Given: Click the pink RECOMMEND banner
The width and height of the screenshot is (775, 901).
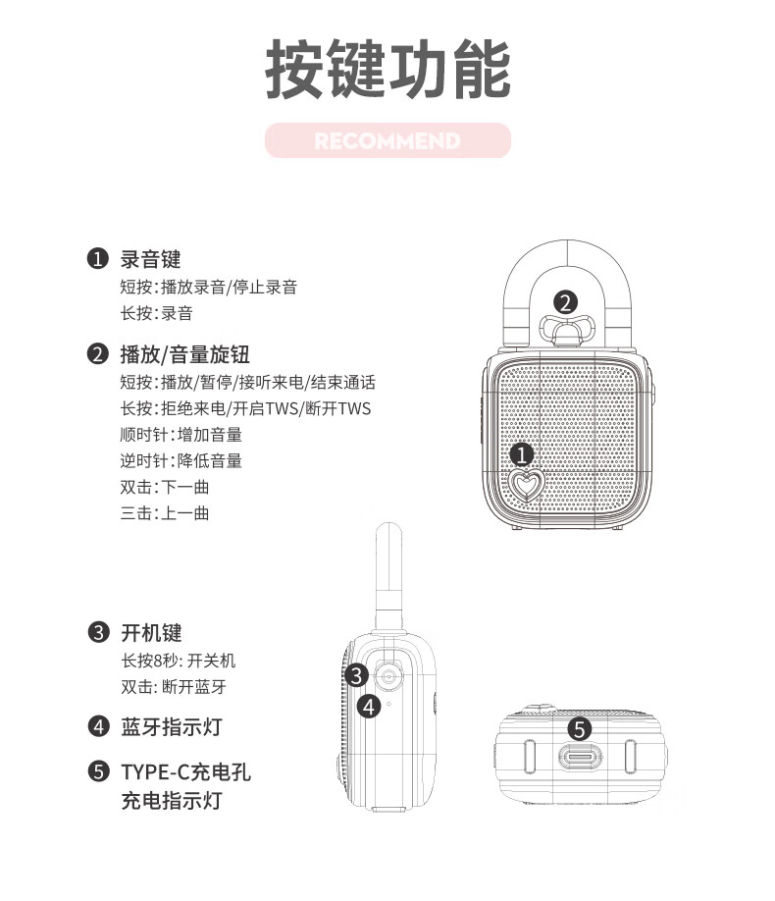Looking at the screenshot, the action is pyautogui.click(x=387, y=140).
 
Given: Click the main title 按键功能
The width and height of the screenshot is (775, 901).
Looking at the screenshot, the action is pyautogui.click(x=387, y=69).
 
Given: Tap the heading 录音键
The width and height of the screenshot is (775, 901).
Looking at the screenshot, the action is pyautogui.click(x=150, y=259).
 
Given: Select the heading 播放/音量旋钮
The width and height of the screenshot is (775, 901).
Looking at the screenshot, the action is pyautogui.click(x=185, y=354).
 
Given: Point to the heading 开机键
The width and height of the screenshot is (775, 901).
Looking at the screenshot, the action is pyautogui.click(x=152, y=633).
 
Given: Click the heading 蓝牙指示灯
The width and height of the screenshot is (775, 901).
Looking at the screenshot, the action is pyautogui.click(x=172, y=726).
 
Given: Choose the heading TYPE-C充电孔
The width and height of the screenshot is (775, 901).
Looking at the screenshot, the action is pyautogui.click(x=186, y=771).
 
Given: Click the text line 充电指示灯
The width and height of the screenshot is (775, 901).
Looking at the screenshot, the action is pyautogui.click(x=172, y=800).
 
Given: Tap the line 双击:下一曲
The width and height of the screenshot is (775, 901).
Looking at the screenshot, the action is pyautogui.click(x=165, y=487).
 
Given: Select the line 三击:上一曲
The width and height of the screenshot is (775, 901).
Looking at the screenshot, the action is pyautogui.click(x=165, y=512).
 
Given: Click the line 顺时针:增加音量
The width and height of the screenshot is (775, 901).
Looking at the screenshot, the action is pyautogui.click(x=181, y=435).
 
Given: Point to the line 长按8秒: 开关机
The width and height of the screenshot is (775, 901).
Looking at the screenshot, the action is pyautogui.click(x=179, y=661).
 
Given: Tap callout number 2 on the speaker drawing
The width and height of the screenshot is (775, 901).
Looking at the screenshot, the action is pyautogui.click(x=565, y=302).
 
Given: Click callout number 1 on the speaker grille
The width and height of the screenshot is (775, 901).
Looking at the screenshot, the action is pyautogui.click(x=522, y=454).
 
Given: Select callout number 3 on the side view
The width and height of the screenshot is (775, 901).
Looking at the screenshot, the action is pyautogui.click(x=356, y=675).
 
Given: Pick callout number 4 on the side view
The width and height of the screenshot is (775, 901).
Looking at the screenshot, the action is pyautogui.click(x=369, y=707).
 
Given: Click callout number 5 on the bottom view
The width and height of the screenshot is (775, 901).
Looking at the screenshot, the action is pyautogui.click(x=579, y=729).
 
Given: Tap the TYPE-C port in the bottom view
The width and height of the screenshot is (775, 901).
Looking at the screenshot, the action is pyautogui.click(x=580, y=756).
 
